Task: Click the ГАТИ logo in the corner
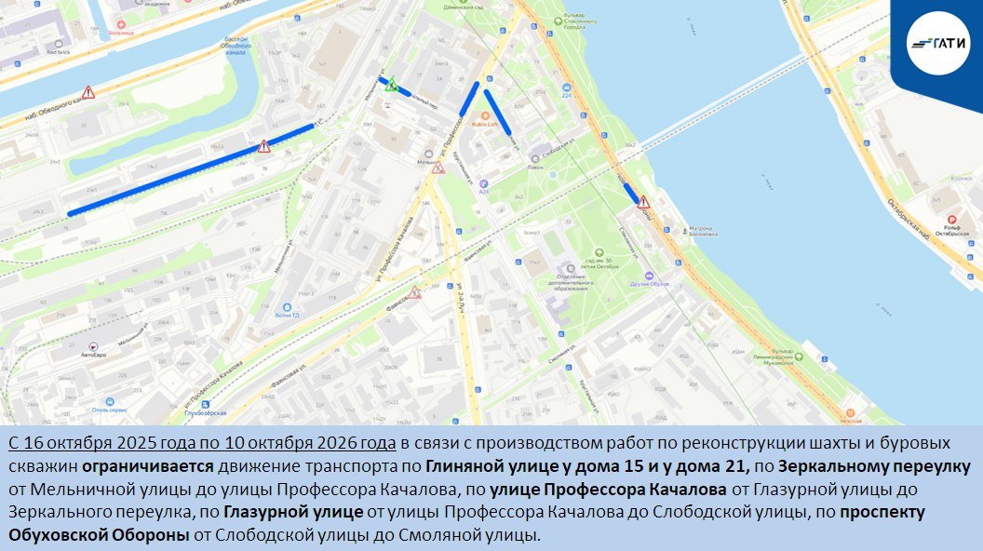point(937,43)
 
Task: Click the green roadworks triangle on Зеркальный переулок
point(392,84)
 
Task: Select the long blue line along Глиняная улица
point(191,168)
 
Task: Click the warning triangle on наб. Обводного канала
point(88,92)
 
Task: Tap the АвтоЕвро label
point(94,355)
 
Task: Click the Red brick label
point(58,52)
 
